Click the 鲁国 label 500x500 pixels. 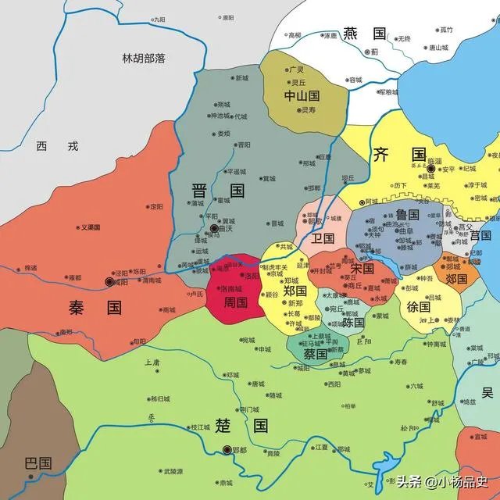pos(407,213)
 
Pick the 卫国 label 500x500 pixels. pos(323,237)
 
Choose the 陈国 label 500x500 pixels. pos(353,322)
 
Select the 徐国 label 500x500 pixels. pos(419,307)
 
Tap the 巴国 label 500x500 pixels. pos(37,462)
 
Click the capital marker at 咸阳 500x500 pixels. pos(109,281)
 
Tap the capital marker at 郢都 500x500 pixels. pos(227,450)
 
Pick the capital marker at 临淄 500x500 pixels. pos(430,169)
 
